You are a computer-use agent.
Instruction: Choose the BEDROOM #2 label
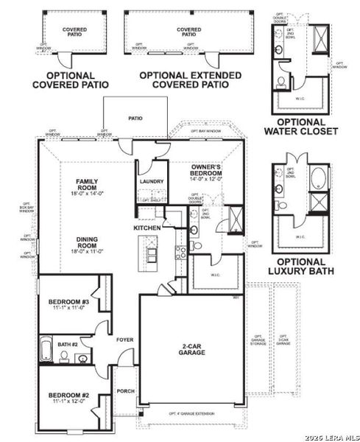68,398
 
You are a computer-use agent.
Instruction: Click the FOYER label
124,340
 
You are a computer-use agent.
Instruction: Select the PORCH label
125,391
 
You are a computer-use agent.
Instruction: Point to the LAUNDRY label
151,180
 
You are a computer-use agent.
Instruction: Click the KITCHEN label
147,228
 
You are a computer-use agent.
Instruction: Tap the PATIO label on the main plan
135,117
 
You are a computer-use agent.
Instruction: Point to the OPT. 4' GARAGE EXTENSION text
192,413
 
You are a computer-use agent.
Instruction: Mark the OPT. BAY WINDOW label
205,131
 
